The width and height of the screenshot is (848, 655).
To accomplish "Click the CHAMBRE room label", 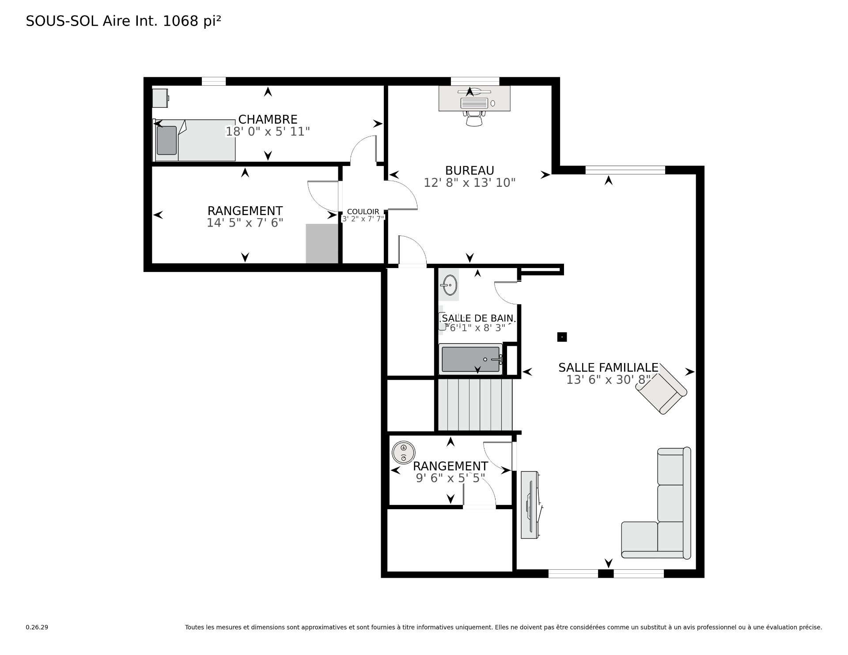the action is click(x=268, y=119).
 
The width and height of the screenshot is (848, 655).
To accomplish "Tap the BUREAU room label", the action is click(x=469, y=170).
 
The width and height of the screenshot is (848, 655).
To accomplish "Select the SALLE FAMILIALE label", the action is click(x=608, y=367).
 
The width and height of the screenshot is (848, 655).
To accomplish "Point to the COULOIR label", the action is click(x=363, y=212).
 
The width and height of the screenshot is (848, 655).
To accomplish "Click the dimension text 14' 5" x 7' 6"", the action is click(x=245, y=223).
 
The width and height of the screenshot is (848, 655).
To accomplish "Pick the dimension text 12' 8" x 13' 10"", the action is click(x=469, y=182).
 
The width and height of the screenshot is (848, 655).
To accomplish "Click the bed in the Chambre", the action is click(x=194, y=140).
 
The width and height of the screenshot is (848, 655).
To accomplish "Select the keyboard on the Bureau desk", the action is click(x=474, y=103).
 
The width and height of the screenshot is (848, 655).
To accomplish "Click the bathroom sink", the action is click(x=449, y=285).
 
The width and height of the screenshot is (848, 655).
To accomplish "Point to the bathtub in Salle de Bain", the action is click(x=471, y=360).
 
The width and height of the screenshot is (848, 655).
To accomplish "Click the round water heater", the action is click(x=403, y=452).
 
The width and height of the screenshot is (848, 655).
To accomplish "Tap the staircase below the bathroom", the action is click(x=475, y=404).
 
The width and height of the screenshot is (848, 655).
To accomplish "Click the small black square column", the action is click(x=562, y=337).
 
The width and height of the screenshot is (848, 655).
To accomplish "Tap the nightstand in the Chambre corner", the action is click(x=160, y=98).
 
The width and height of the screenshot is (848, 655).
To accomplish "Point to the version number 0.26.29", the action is click(x=37, y=627).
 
